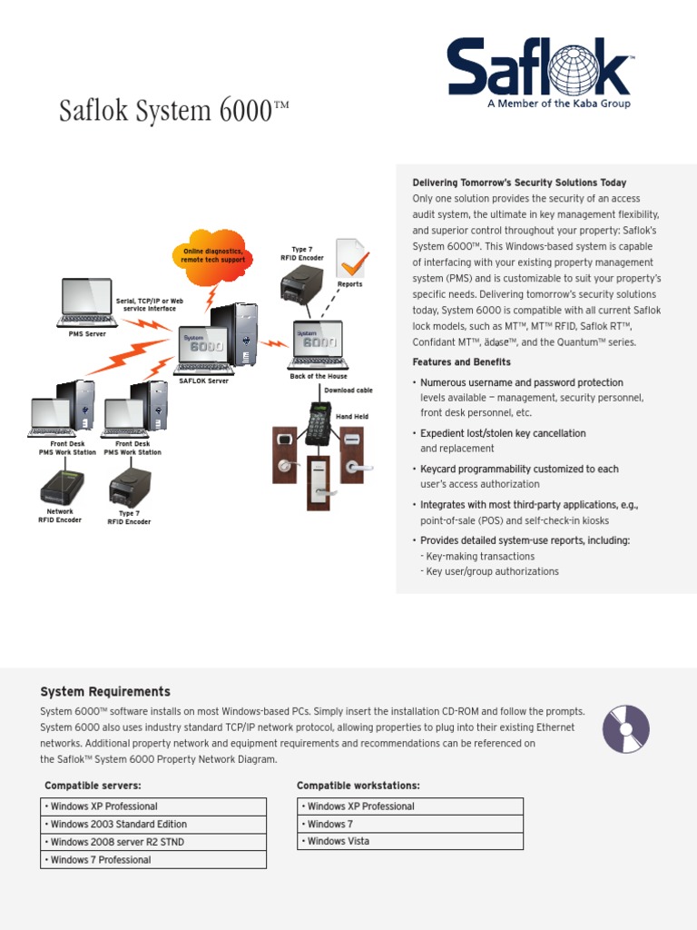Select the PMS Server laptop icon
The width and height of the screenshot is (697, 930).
(87, 302)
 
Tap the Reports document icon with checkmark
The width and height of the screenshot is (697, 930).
(351, 258)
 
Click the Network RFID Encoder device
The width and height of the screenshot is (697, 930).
(62, 487)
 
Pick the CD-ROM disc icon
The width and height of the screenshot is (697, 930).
(626, 728)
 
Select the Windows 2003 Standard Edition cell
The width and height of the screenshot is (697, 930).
(153, 825)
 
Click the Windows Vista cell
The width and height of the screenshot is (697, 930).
(410, 841)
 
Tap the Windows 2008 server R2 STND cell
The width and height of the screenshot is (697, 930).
(153, 842)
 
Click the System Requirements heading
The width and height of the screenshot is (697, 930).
(105, 692)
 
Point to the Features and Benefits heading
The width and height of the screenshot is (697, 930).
(461, 362)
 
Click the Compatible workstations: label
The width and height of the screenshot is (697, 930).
(358, 786)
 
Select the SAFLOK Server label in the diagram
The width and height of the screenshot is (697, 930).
(204, 381)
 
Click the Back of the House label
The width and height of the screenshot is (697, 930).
(319, 376)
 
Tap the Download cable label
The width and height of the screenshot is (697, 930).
(348, 391)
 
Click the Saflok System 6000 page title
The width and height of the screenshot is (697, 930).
(173, 111)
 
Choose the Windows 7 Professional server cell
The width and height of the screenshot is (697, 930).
(153, 860)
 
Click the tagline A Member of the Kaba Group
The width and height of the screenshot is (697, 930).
(558, 104)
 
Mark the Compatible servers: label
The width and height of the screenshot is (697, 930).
(93, 786)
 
